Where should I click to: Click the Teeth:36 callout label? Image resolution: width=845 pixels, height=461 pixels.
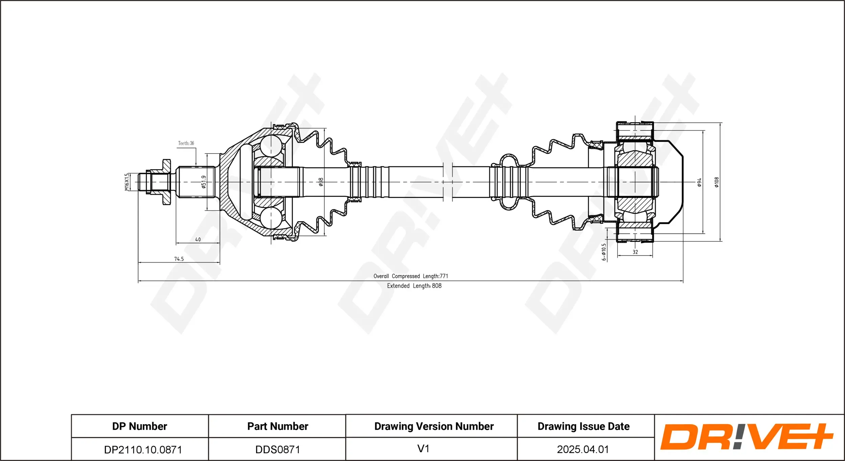tap(186, 143)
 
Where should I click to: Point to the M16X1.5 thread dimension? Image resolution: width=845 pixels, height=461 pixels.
tap(127, 182)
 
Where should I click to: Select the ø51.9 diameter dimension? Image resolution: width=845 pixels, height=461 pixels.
tap(203, 182)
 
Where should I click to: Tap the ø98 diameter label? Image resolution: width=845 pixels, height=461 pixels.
tap(321, 182)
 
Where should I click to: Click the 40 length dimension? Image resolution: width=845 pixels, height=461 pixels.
tap(198, 239)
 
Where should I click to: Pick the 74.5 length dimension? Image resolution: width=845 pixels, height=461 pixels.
tap(179, 259)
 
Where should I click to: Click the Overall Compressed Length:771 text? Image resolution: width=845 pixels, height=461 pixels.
tap(411, 276)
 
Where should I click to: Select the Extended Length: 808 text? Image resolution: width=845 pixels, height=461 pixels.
tap(414, 286)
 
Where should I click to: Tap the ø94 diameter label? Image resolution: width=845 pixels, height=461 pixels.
tap(699, 182)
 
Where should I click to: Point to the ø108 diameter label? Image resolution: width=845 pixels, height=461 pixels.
tap(717, 182)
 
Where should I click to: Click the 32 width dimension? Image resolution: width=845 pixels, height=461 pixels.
tap(635, 252)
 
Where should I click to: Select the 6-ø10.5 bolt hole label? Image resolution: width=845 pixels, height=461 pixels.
tap(604, 252)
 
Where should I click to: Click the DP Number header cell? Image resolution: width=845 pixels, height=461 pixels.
tap(140, 426)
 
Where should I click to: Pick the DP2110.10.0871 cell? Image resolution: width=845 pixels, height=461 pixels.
tap(143, 450)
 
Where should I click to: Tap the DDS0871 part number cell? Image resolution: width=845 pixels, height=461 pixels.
tap(277, 450)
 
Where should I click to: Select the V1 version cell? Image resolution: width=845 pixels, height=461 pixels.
tap(423, 449)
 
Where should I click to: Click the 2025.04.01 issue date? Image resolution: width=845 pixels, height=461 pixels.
tap(583, 449)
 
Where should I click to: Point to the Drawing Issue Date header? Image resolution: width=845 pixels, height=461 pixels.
tap(583, 426)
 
